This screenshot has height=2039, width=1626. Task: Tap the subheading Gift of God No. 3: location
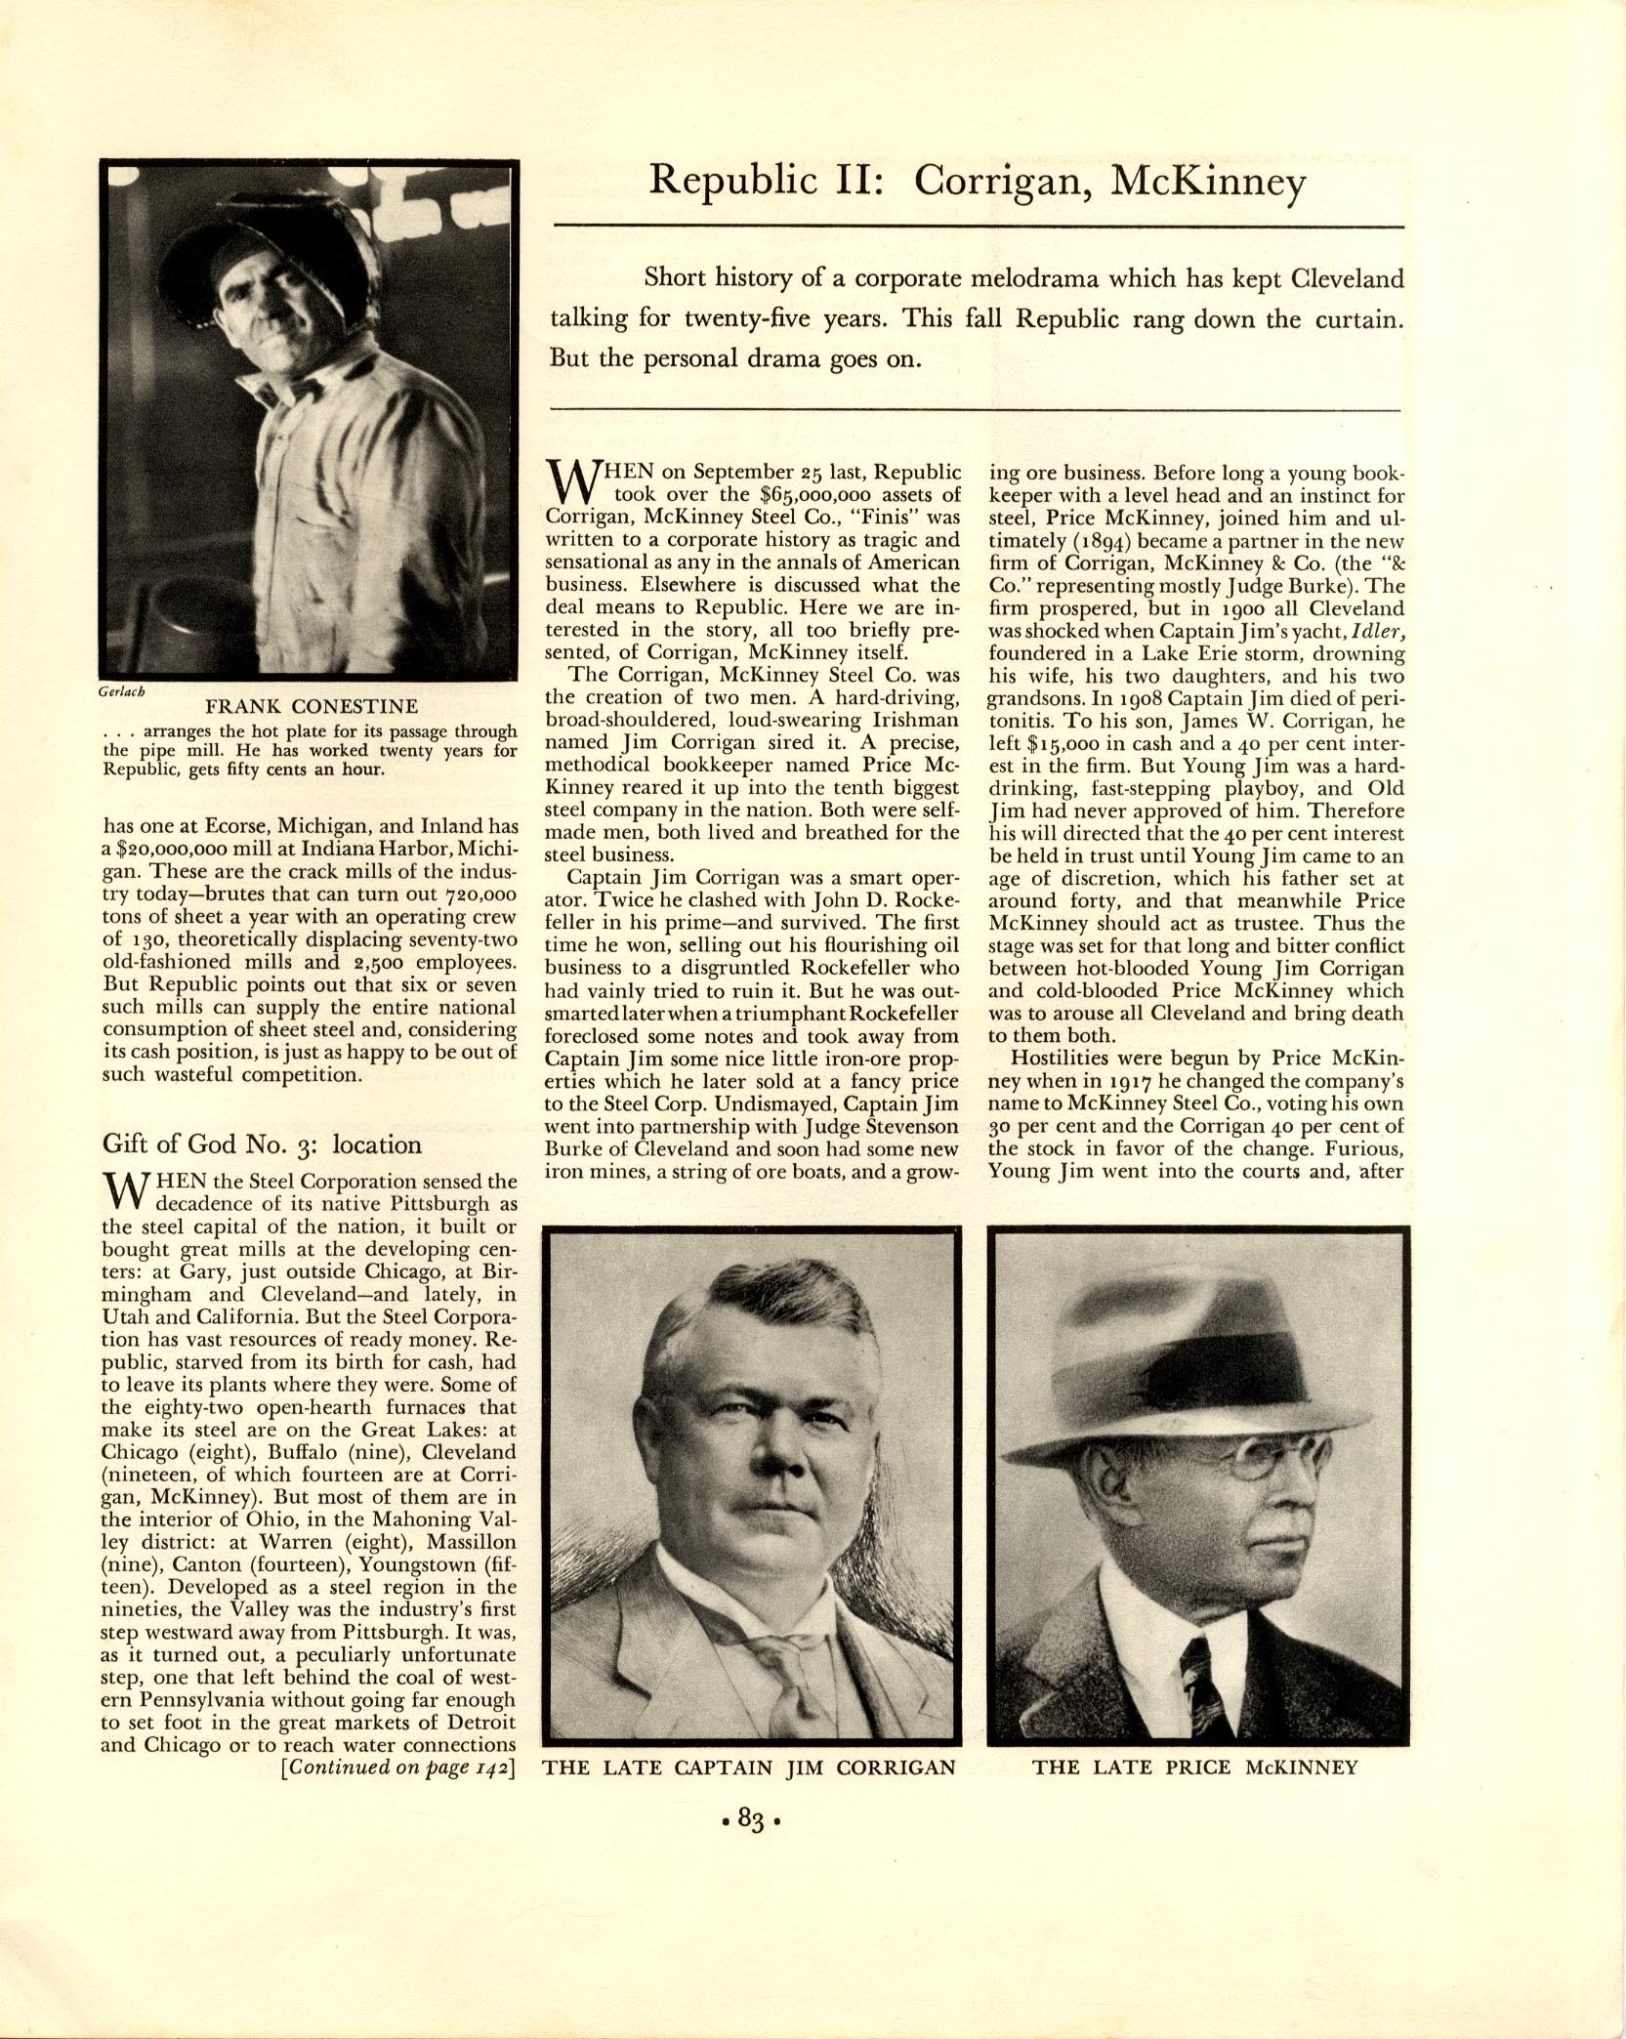coord(262,1144)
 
